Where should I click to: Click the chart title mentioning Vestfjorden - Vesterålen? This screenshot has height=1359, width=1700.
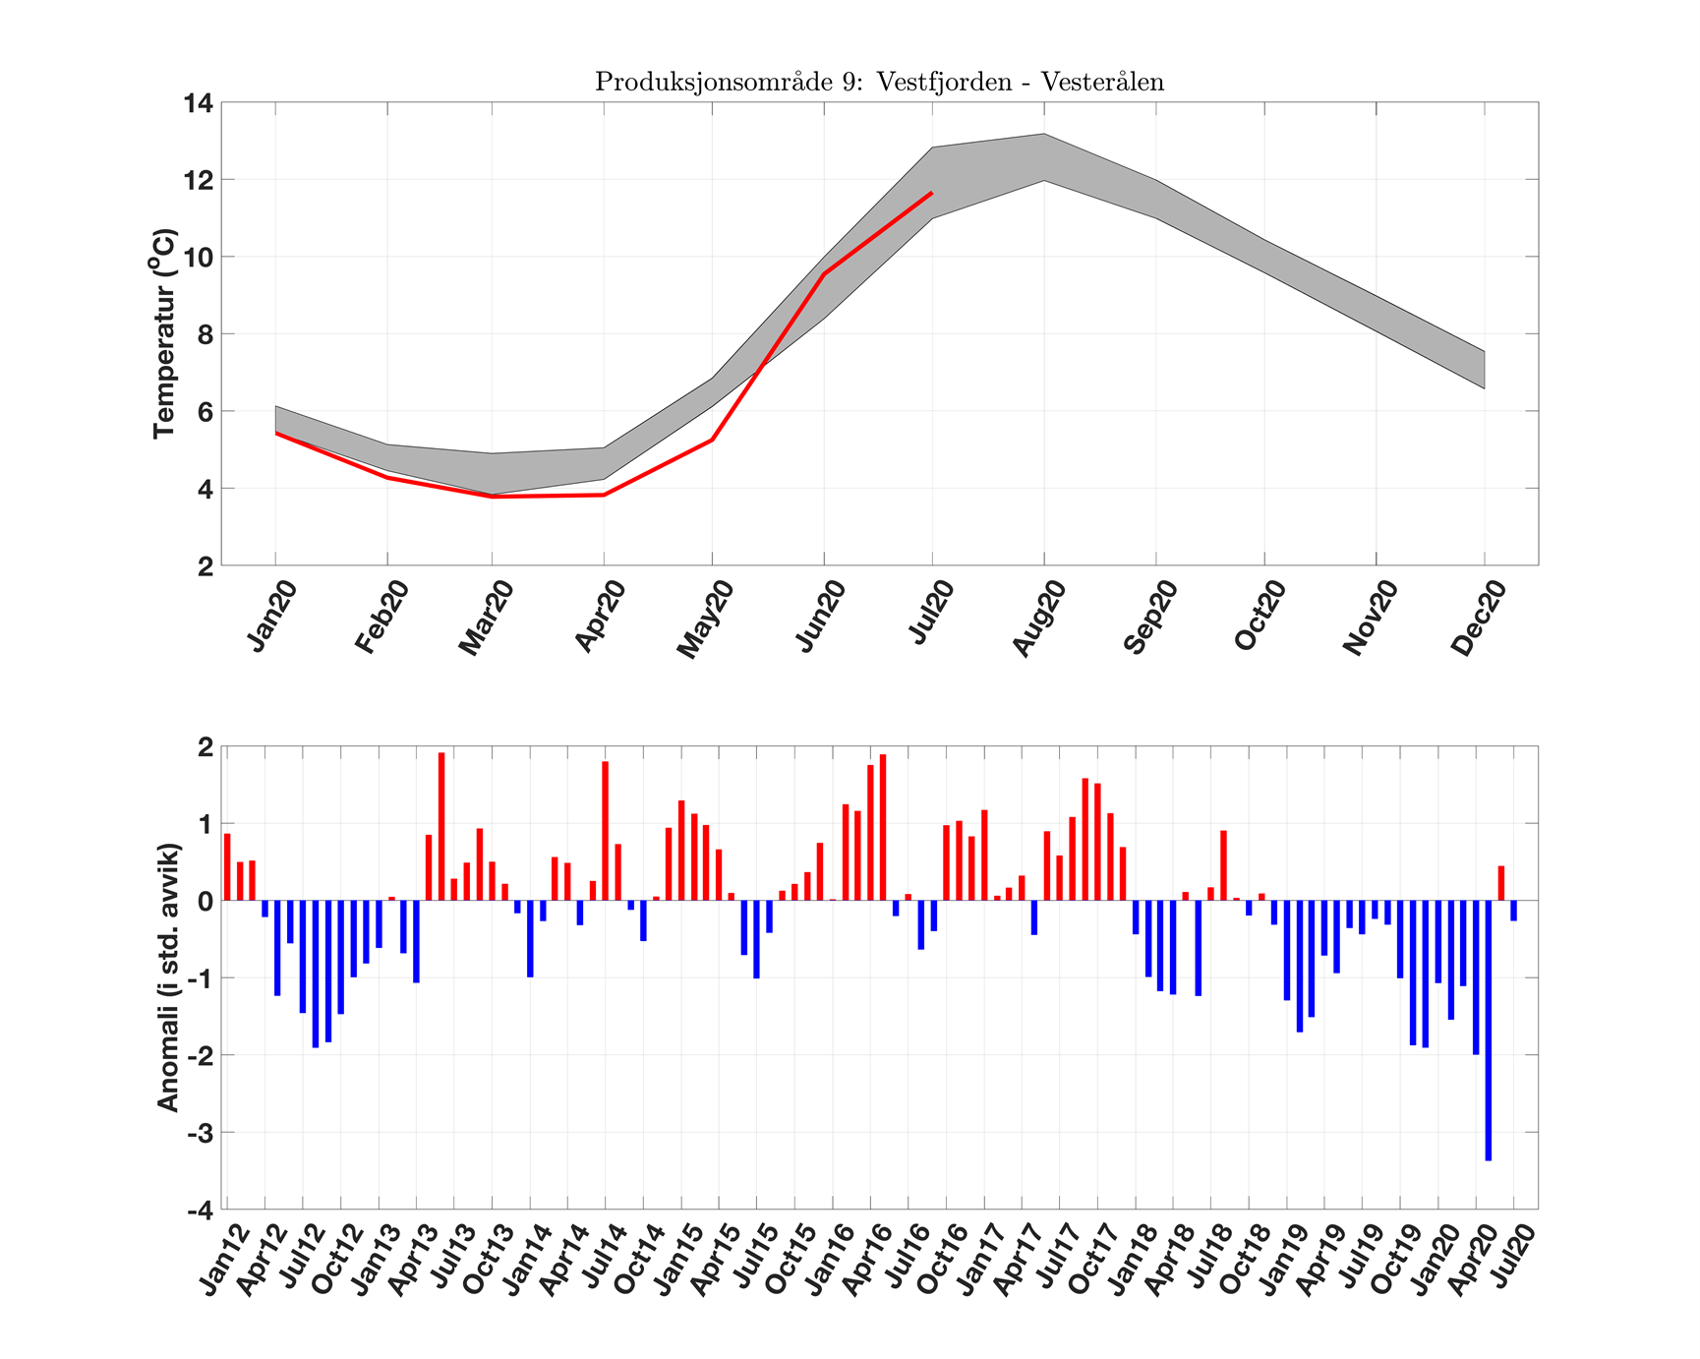[x=879, y=82]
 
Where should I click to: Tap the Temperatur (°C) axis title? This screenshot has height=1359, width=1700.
[x=164, y=333]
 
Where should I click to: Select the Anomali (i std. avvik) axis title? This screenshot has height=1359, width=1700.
[x=168, y=977]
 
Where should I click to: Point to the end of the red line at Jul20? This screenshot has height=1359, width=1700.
[x=931, y=194]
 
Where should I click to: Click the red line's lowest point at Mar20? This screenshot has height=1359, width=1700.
[x=493, y=497]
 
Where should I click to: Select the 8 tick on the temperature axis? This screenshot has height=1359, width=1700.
[x=204, y=334]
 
